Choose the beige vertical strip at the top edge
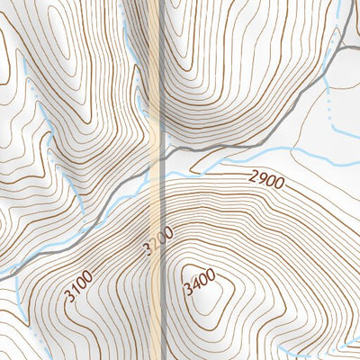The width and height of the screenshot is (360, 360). click(x=159, y=9)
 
